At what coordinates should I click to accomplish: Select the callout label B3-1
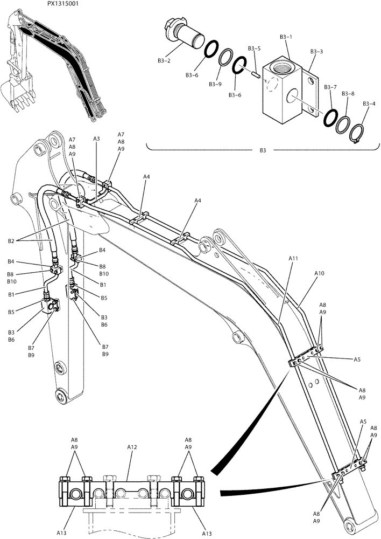coord(286,37)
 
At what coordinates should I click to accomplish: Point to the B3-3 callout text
coord(316,52)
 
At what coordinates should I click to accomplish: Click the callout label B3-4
coord(369,103)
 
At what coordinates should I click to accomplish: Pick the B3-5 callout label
coord(255,49)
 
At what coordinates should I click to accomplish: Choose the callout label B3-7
coord(330,87)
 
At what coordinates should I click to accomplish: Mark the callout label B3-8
coord(349,94)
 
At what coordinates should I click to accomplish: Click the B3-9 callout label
coord(215,84)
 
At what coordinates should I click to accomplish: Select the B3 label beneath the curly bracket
coord(263,150)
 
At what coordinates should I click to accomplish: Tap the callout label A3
coord(96,139)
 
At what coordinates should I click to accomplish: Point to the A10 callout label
coord(319,274)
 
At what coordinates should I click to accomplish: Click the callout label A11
coord(293,259)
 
